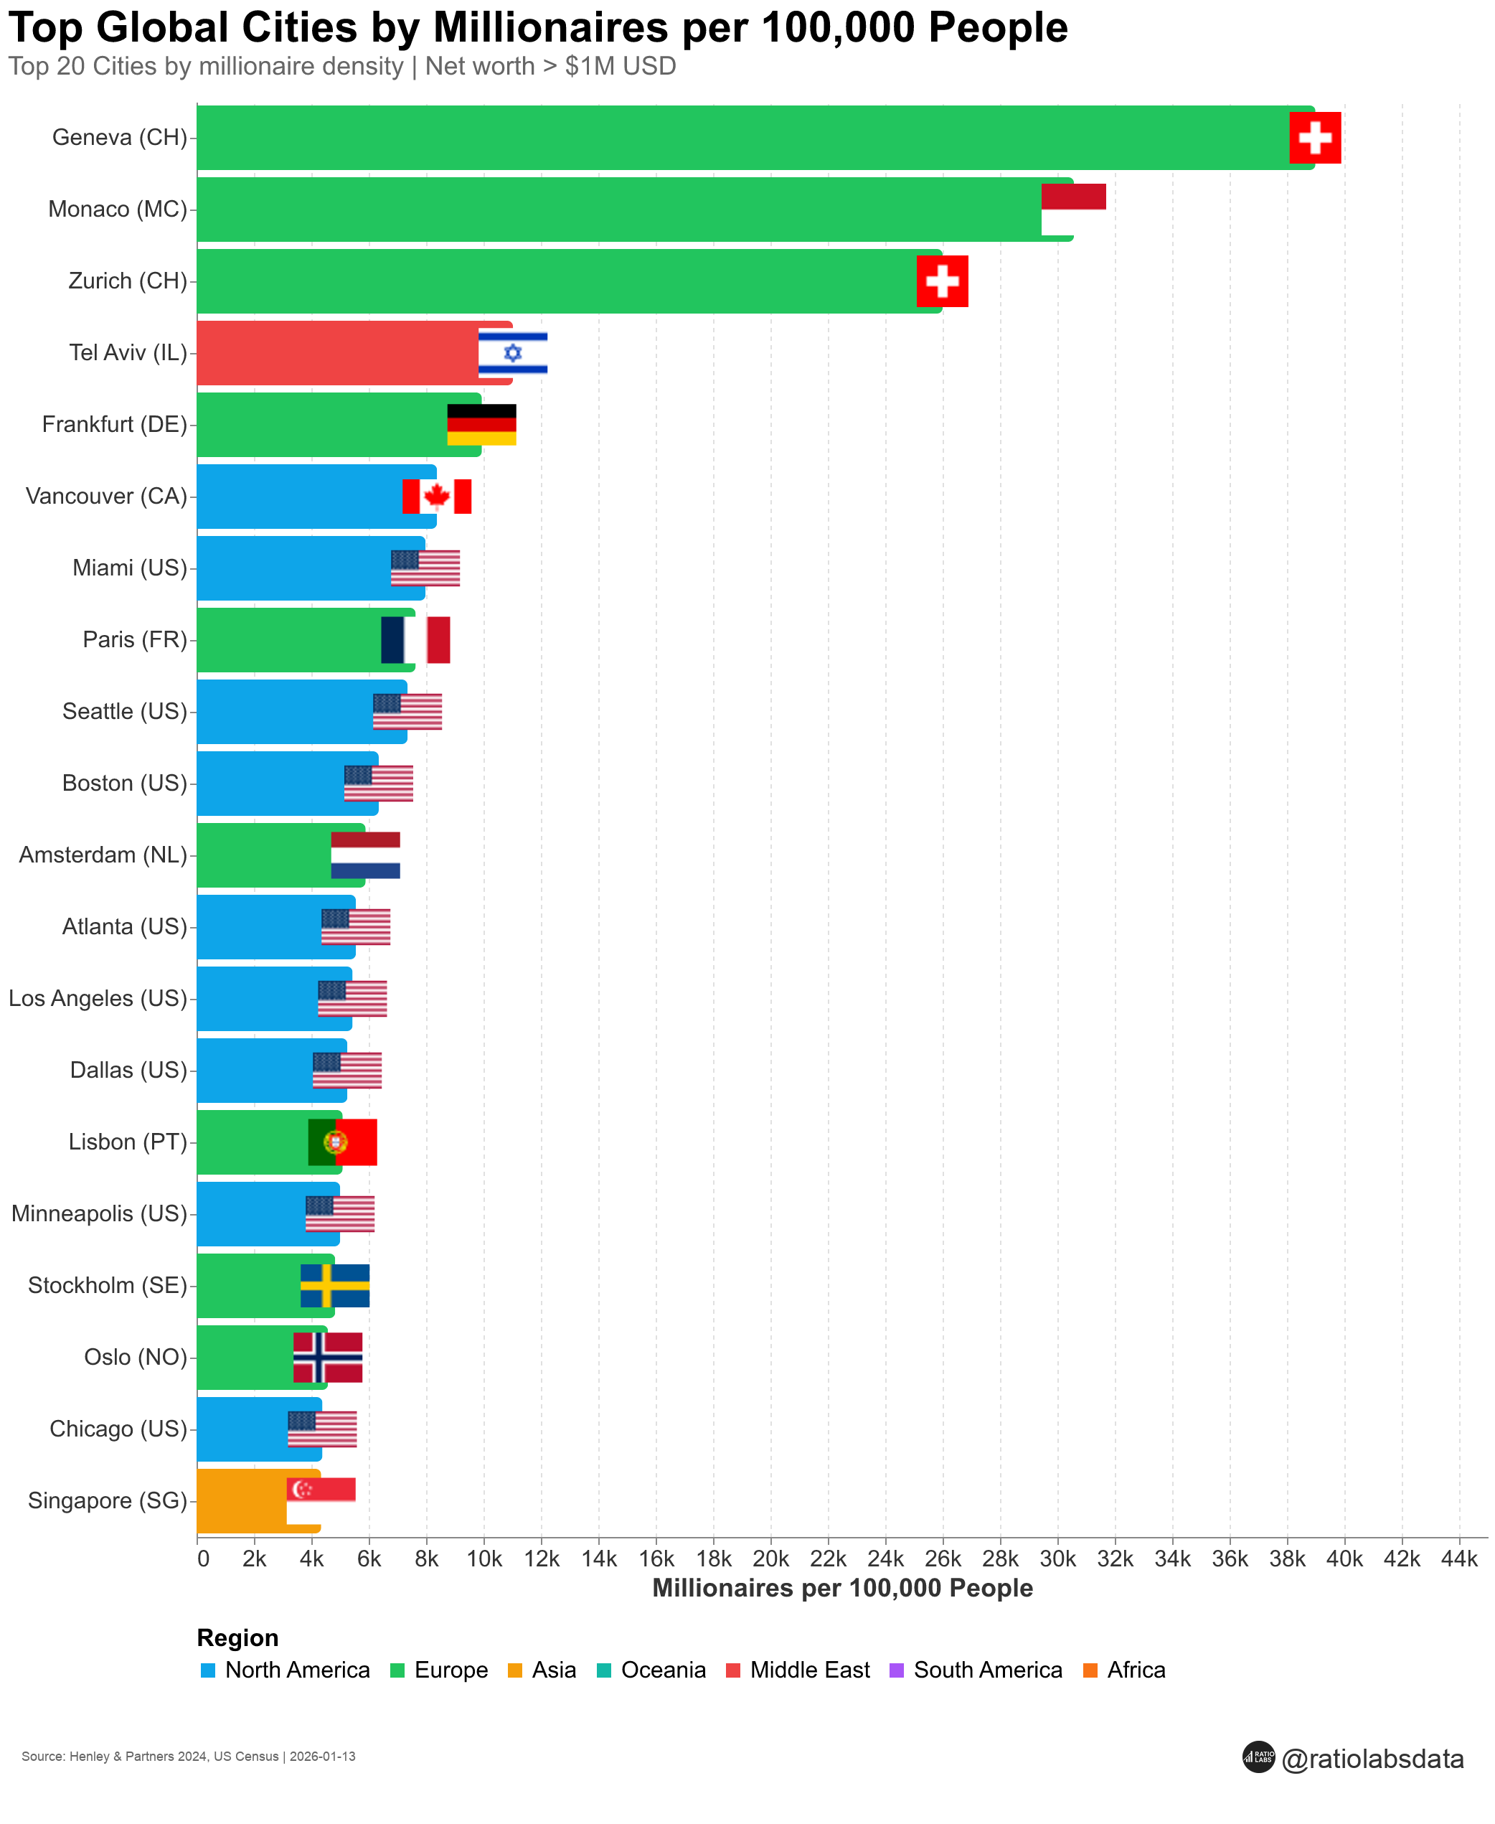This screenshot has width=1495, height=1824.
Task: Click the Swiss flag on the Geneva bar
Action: click(x=1314, y=138)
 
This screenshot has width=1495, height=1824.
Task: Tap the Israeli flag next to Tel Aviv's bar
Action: click(x=512, y=352)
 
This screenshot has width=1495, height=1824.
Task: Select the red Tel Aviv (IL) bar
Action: click(x=336, y=352)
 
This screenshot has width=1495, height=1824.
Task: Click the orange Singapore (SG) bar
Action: click(x=241, y=1500)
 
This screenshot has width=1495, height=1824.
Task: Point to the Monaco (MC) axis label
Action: click(x=117, y=210)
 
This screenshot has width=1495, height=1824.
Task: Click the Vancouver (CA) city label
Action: click(x=106, y=496)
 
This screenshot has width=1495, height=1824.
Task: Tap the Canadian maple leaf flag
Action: click(x=437, y=496)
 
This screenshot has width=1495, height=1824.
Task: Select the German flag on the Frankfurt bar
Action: click(x=481, y=425)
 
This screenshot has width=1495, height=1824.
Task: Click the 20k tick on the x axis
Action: click(x=770, y=1559)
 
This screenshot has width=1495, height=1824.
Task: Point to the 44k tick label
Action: click(x=1459, y=1559)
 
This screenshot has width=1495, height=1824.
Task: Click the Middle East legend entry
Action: click(x=808, y=1670)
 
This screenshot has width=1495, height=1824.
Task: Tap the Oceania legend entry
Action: click(x=662, y=1670)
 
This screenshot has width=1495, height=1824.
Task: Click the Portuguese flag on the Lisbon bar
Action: click(x=343, y=1142)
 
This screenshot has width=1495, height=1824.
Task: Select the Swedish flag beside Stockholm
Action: click(x=335, y=1286)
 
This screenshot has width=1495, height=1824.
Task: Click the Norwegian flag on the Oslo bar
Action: click(x=327, y=1357)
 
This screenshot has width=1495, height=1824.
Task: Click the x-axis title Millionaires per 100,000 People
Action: click(x=842, y=1588)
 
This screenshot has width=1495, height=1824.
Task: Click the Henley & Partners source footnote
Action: click(x=188, y=1756)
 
